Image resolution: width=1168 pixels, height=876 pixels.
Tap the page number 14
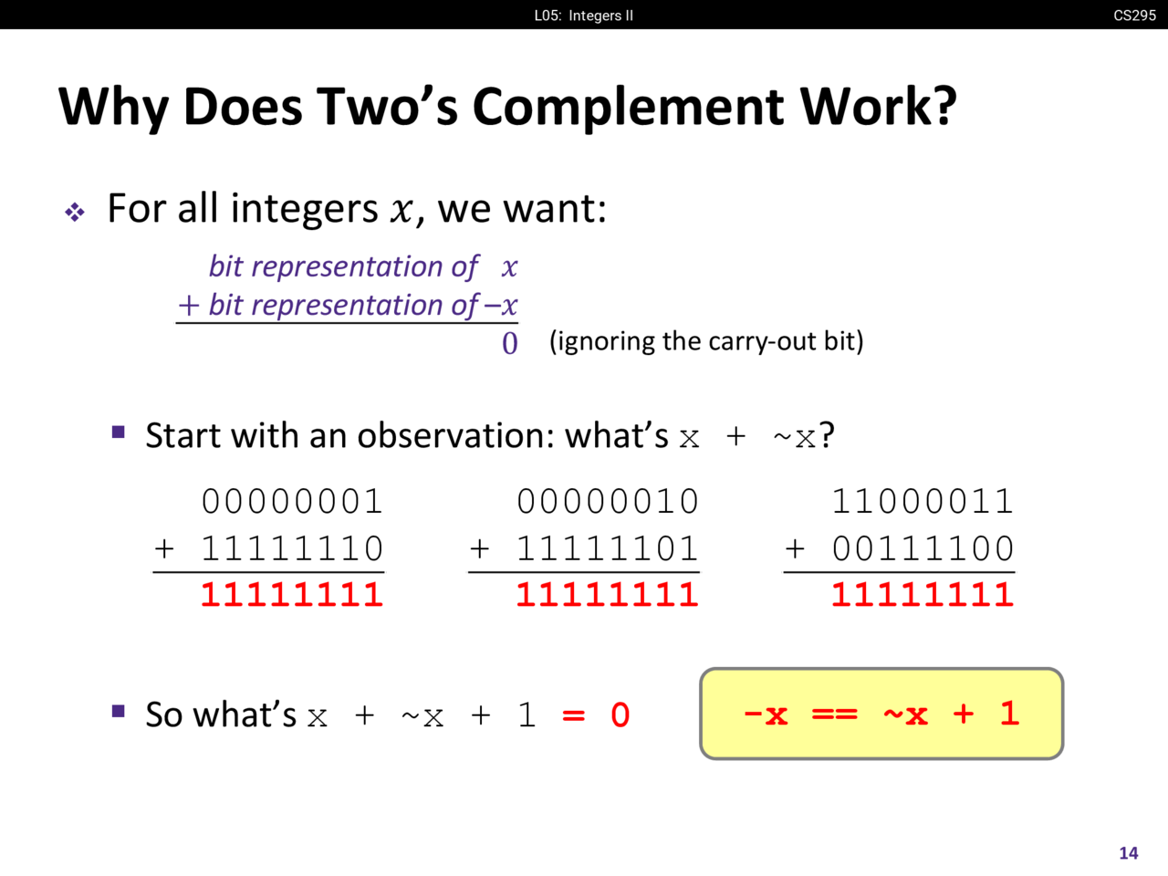[x=1128, y=853]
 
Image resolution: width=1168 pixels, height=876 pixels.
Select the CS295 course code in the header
[x=1134, y=15]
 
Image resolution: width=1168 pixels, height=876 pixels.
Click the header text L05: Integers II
[x=584, y=16]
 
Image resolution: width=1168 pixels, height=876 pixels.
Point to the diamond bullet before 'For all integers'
[x=75, y=213]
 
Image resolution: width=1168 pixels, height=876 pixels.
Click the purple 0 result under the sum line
[x=509, y=343]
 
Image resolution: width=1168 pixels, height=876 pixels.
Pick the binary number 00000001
[x=292, y=501]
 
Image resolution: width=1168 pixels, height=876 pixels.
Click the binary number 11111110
[x=292, y=547]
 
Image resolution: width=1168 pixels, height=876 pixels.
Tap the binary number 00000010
[x=607, y=501]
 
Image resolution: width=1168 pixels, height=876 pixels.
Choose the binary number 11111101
[x=607, y=547]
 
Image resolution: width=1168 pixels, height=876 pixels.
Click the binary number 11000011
[x=923, y=501]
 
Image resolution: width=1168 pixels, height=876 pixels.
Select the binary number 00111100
[x=923, y=547]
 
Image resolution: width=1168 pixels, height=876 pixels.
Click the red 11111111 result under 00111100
[x=923, y=594]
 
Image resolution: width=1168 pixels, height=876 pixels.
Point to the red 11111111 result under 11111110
[x=292, y=594]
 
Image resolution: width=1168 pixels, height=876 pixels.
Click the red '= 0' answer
[x=596, y=714]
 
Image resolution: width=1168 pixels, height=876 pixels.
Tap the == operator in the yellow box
[x=834, y=714]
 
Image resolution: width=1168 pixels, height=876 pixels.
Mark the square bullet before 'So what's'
[x=118, y=711]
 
